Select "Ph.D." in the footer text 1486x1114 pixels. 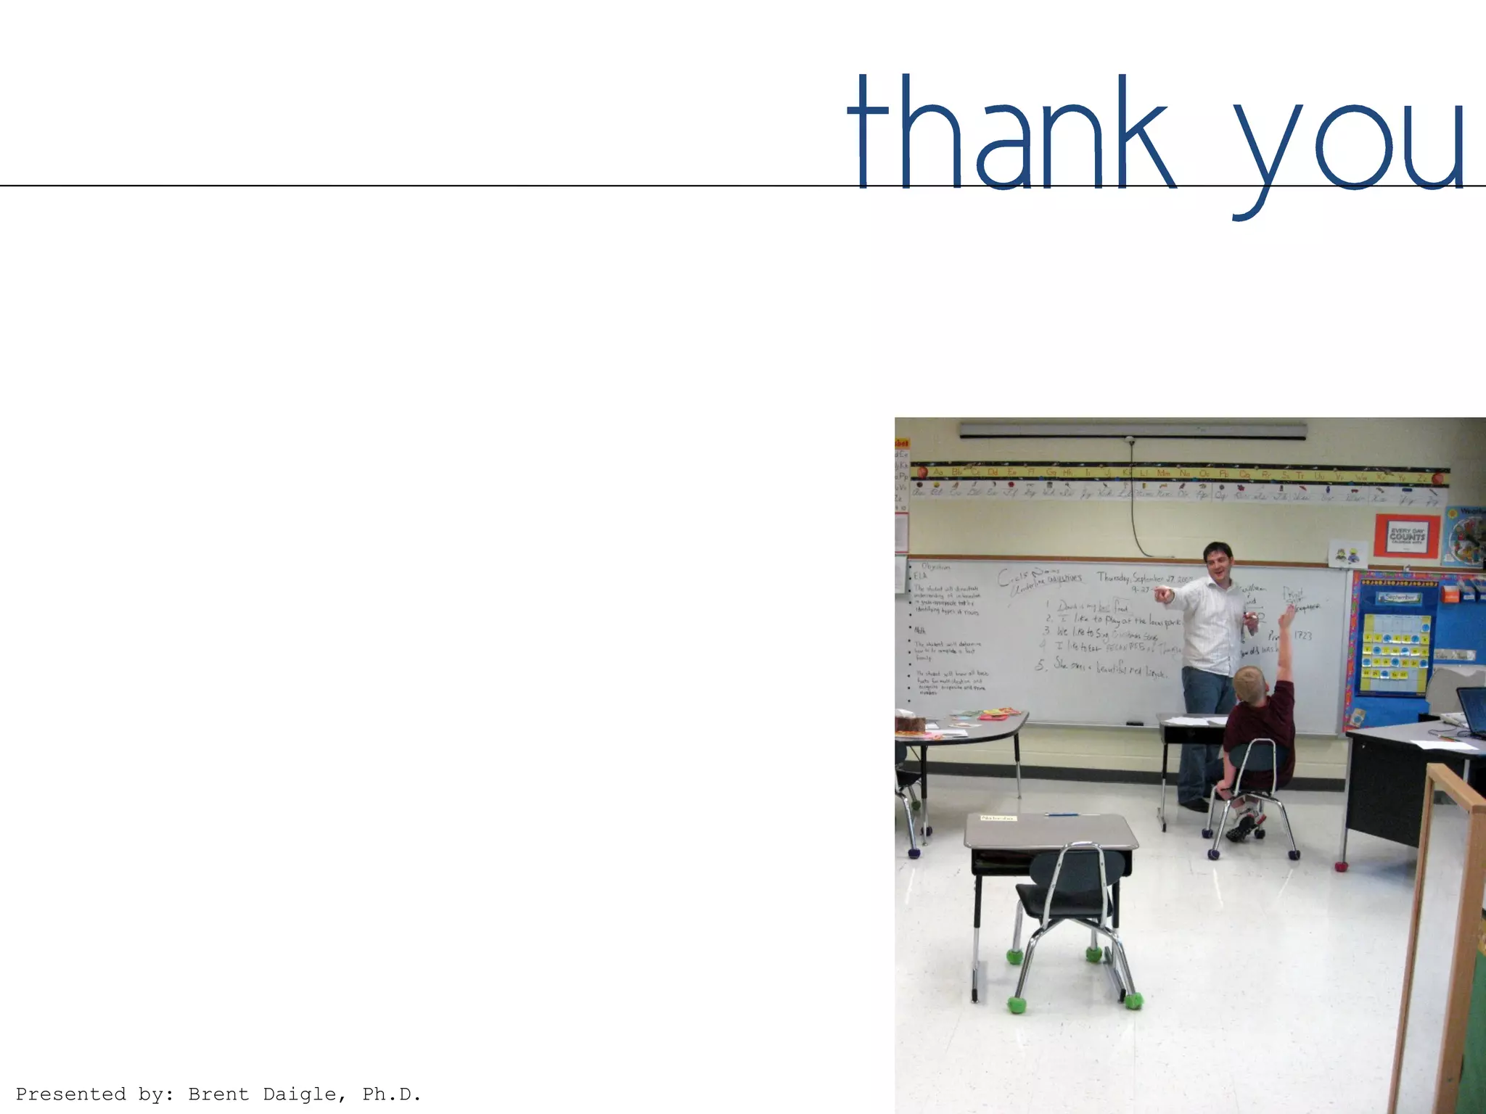coord(392,1094)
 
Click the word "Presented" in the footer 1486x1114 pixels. coord(70,1094)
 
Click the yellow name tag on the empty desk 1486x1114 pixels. coord(998,818)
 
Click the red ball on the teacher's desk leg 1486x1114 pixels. coord(1341,866)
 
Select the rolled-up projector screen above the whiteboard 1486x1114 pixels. coord(1132,431)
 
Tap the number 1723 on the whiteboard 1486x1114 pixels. coord(1303,636)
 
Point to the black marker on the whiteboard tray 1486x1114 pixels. coord(1133,723)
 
